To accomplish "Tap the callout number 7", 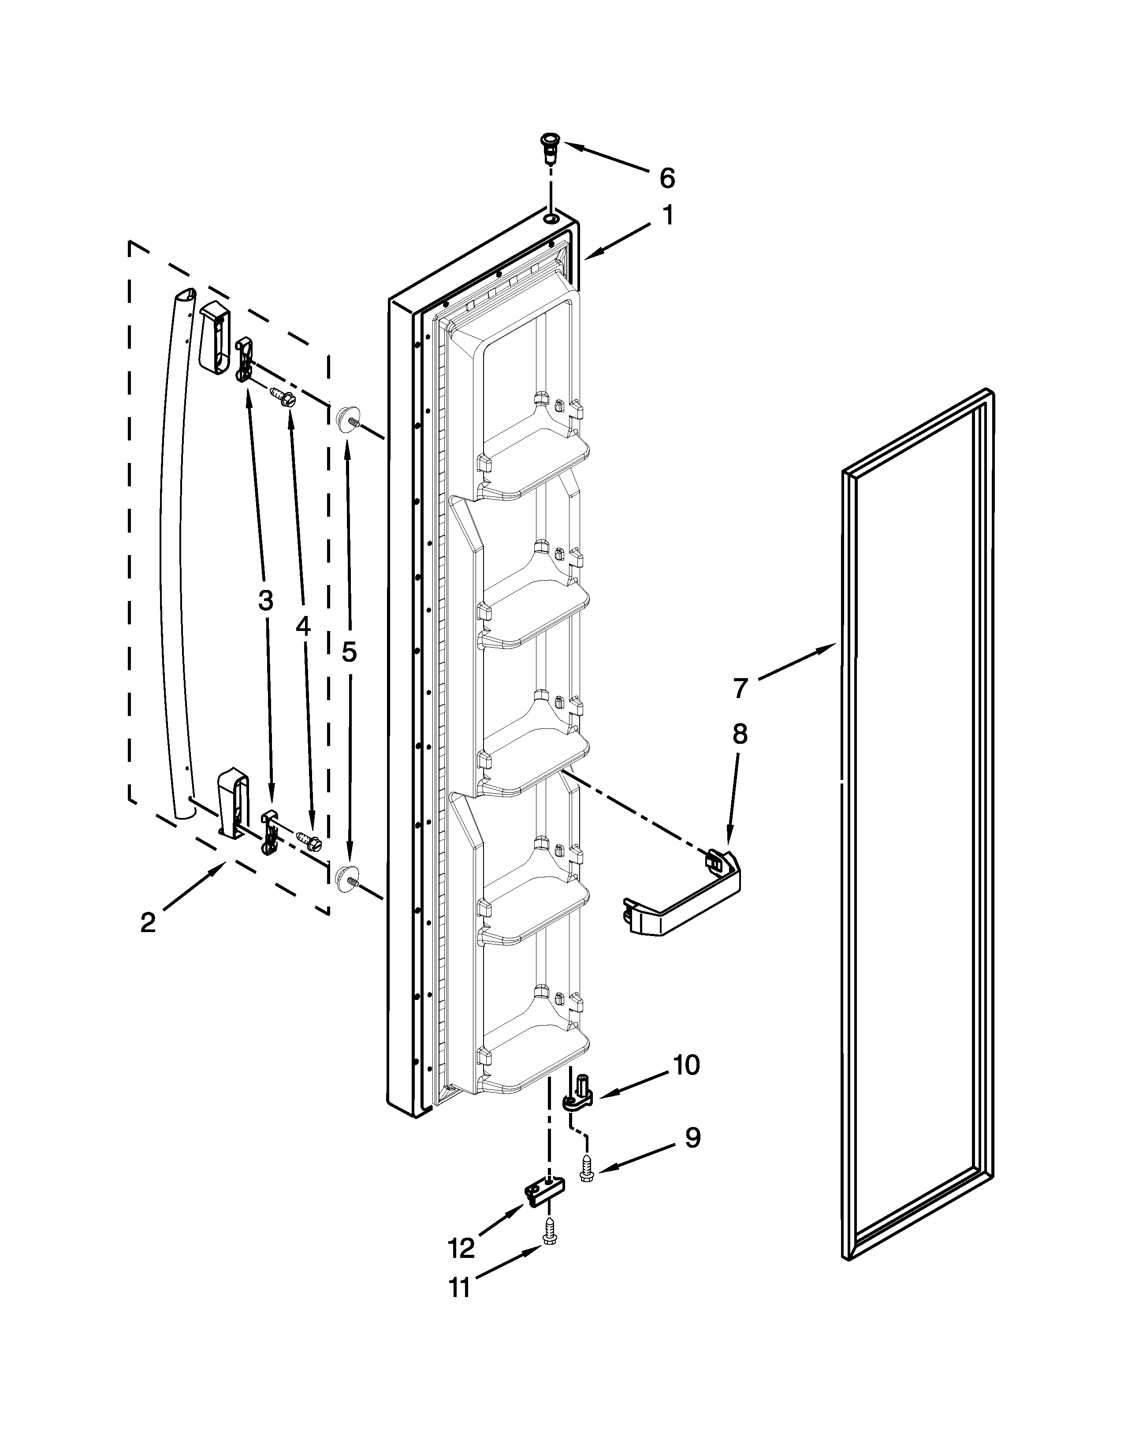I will click(741, 687).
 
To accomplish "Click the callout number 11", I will click(459, 1288).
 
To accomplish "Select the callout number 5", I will click(349, 652).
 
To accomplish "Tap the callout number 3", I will click(265, 601).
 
